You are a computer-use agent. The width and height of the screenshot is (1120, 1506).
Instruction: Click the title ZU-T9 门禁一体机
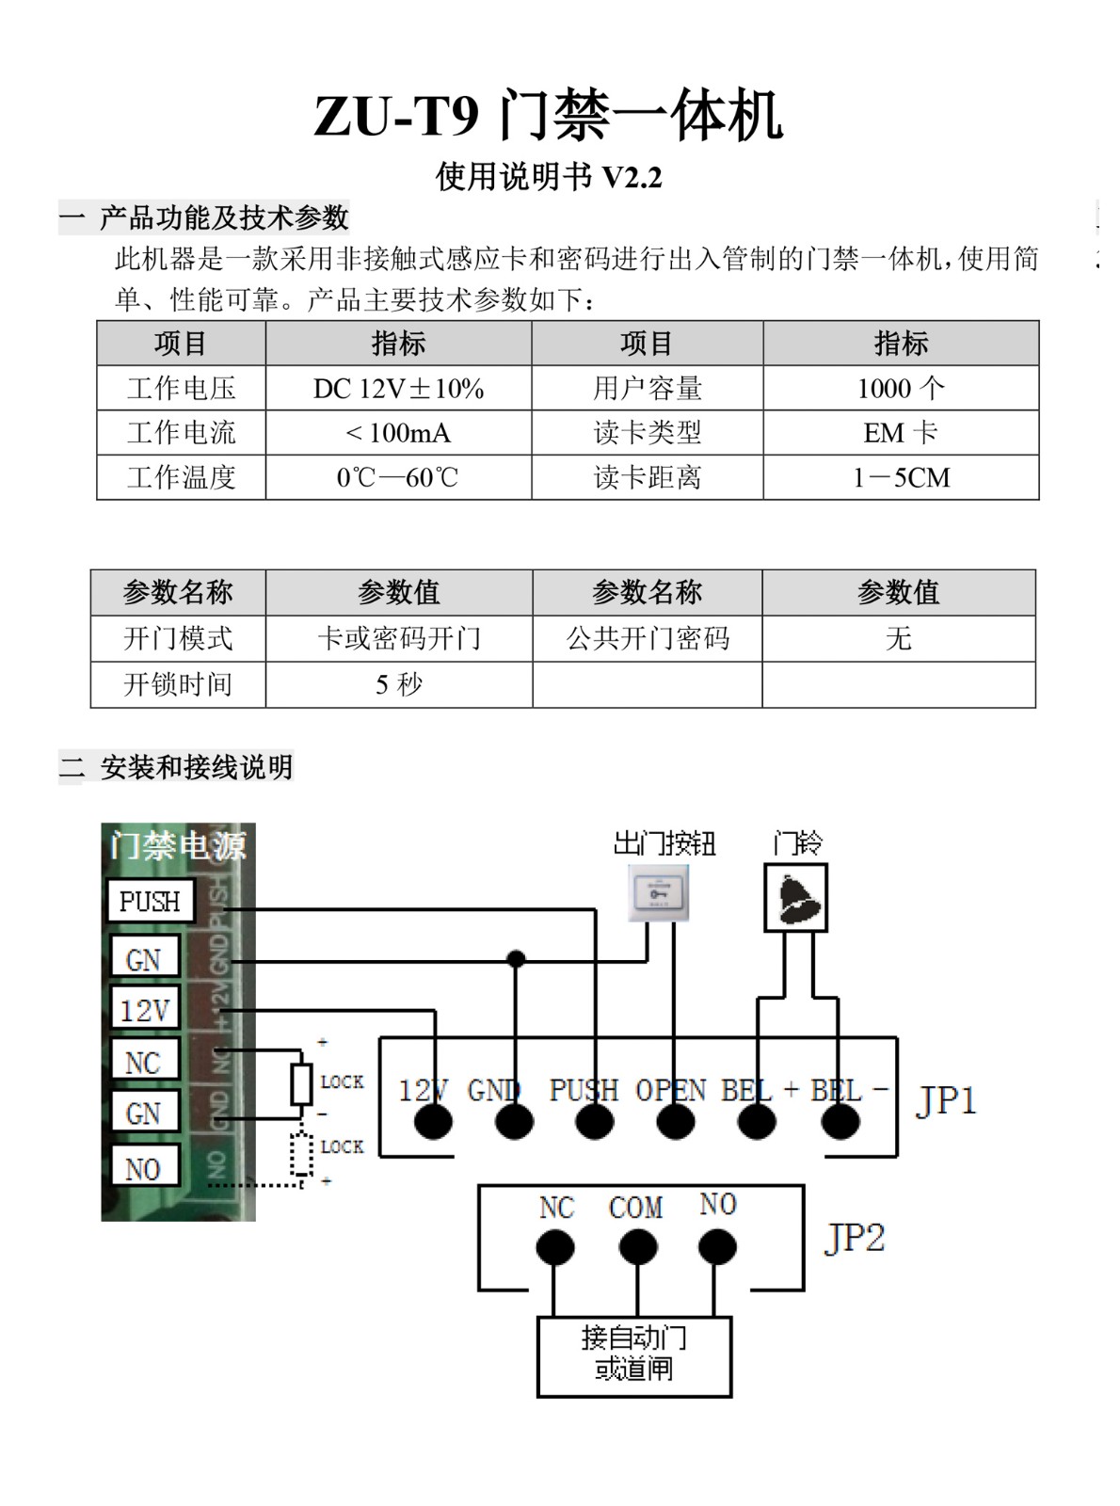548,116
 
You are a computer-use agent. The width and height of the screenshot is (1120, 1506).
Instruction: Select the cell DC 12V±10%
398,388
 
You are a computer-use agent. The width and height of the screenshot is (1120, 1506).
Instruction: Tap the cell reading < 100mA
398,433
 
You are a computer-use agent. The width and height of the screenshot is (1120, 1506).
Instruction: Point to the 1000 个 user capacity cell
901,388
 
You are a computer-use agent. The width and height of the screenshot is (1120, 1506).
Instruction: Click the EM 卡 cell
901,433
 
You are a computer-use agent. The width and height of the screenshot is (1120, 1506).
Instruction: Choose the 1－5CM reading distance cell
901,477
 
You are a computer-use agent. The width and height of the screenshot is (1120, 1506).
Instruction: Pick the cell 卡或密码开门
399,639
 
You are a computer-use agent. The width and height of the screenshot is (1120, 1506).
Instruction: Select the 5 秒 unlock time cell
399,684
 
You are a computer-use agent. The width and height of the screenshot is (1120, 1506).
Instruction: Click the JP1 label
946,1100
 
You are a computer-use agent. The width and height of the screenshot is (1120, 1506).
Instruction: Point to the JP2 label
855,1238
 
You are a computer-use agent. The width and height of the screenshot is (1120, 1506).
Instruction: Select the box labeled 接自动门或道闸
634,1354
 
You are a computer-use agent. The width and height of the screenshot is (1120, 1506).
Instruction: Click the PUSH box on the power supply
150,902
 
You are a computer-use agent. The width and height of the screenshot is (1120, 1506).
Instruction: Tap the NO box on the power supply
144,1169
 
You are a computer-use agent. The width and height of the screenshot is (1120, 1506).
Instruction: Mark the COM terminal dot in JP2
638,1248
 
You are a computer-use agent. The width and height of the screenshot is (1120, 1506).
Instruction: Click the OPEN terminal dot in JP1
676,1121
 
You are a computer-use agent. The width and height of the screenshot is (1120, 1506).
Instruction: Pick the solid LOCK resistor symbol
301,1084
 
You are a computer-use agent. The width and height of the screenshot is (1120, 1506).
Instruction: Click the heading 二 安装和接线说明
177,768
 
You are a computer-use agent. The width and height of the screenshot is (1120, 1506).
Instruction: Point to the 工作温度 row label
181,477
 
